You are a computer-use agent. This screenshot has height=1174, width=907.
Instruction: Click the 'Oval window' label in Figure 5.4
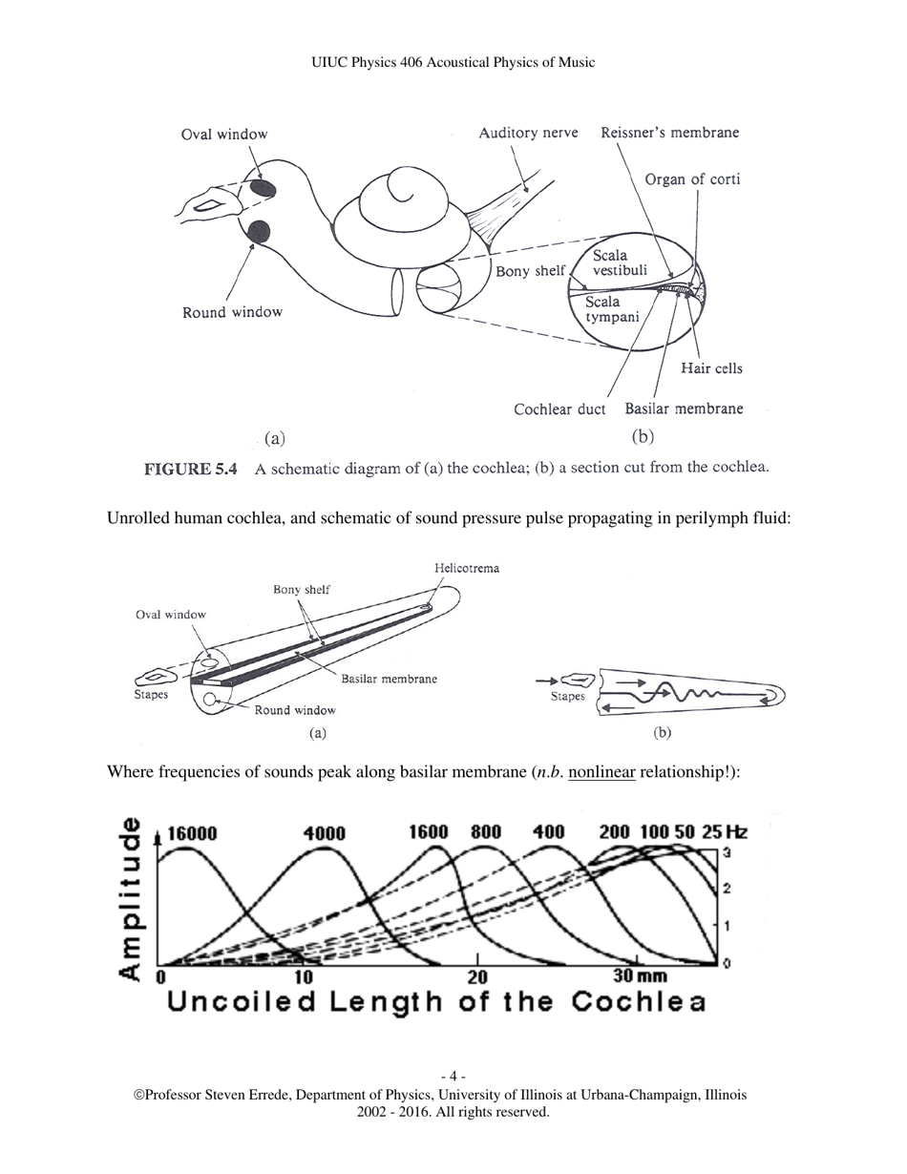click(x=224, y=135)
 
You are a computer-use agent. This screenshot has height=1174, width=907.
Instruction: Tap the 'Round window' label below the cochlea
click(x=232, y=312)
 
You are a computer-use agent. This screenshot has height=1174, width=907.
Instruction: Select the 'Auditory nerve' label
click(x=528, y=133)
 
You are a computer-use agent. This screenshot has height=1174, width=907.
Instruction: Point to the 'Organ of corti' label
click(x=692, y=179)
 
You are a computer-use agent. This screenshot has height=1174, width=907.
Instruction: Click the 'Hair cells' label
click(x=711, y=368)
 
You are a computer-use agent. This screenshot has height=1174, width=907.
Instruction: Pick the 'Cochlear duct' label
click(x=559, y=409)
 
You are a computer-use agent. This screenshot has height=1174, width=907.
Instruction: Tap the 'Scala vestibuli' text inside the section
click(x=618, y=262)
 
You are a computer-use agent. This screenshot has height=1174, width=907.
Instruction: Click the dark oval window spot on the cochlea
click(x=264, y=188)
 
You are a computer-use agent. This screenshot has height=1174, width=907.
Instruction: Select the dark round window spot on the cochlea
click(x=258, y=231)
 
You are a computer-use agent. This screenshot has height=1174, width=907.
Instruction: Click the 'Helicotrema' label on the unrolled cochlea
click(x=467, y=568)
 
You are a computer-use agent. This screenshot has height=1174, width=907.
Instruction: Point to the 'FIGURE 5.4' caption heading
click(x=190, y=469)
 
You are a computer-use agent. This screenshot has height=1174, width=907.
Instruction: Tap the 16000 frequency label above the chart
click(x=192, y=833)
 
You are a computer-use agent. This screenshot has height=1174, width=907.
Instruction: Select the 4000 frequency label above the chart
click(x=324, y=833)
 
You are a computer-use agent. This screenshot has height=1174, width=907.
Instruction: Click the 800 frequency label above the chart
click(x=486, y=831)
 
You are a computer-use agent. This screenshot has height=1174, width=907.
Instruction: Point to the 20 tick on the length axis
click(x=477, y=976)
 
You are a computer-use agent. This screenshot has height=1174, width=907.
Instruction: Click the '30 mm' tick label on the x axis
click(x=640, y=975)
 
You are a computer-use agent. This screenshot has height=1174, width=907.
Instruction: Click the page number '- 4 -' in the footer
click(x=453, y=1077)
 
